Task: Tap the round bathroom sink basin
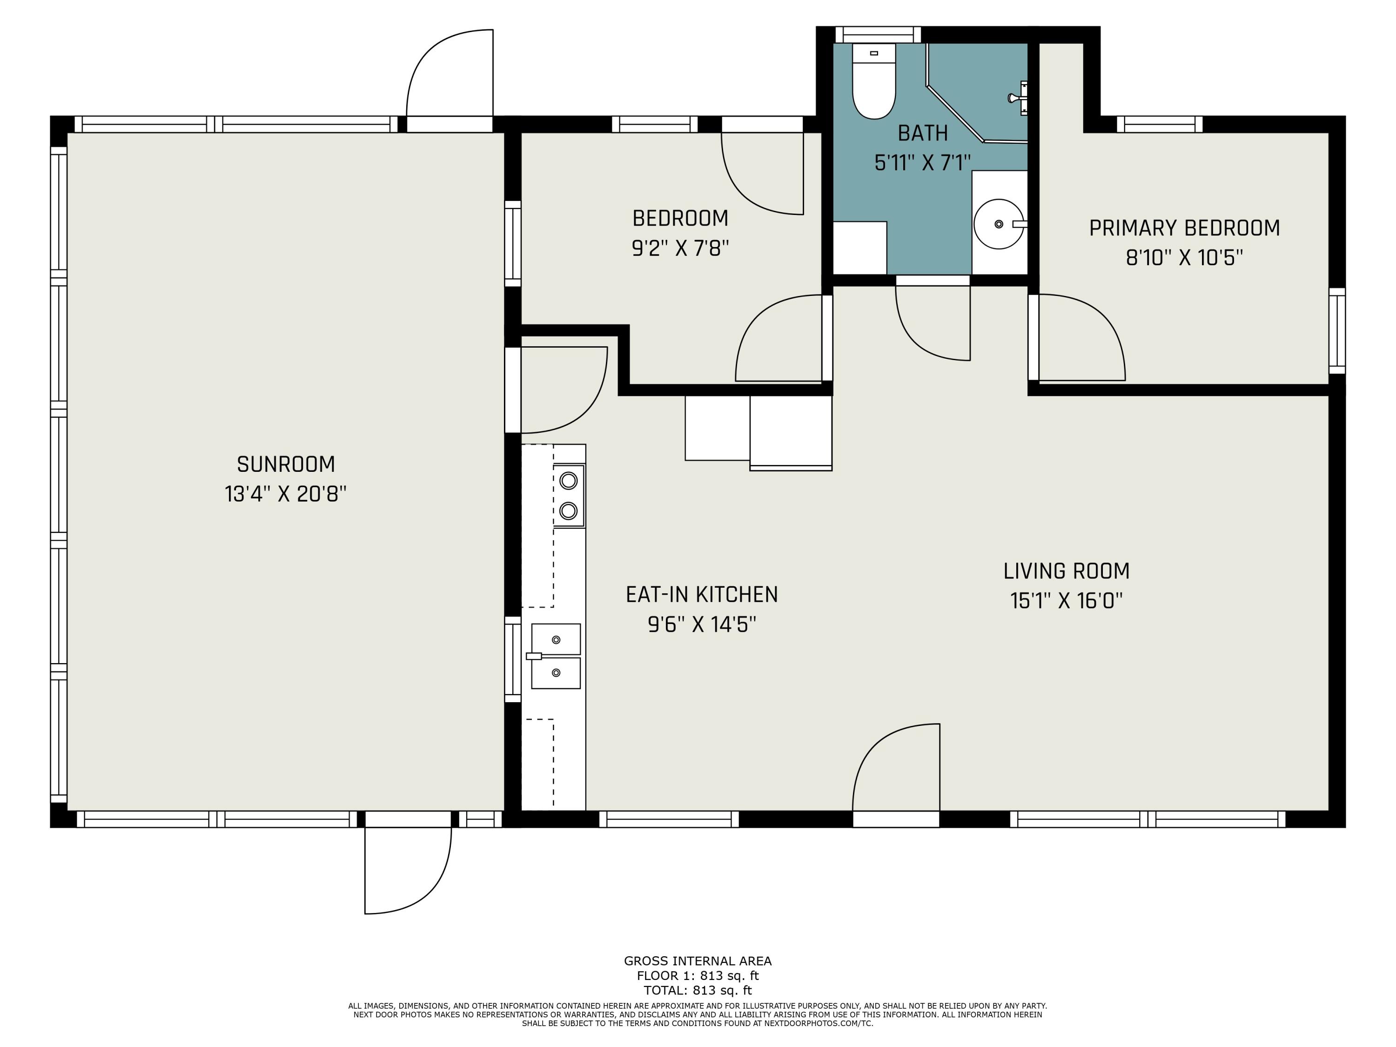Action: (999, 224)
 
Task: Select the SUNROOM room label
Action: (286, 464)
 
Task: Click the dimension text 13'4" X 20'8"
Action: (286, 494)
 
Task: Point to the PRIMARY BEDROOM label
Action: (1185, 228)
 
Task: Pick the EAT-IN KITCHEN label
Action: (702, 595)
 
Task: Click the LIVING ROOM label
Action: (1067, 571)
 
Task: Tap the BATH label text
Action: (923, 133)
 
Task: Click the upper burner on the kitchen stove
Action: (569, 481)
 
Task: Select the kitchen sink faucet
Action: (534, 656)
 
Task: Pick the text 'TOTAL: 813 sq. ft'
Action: (698, 990)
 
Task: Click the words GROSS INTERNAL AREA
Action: (698, 961)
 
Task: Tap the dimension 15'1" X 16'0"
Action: (1067, 601)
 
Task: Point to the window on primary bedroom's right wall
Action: (1337, 331)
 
